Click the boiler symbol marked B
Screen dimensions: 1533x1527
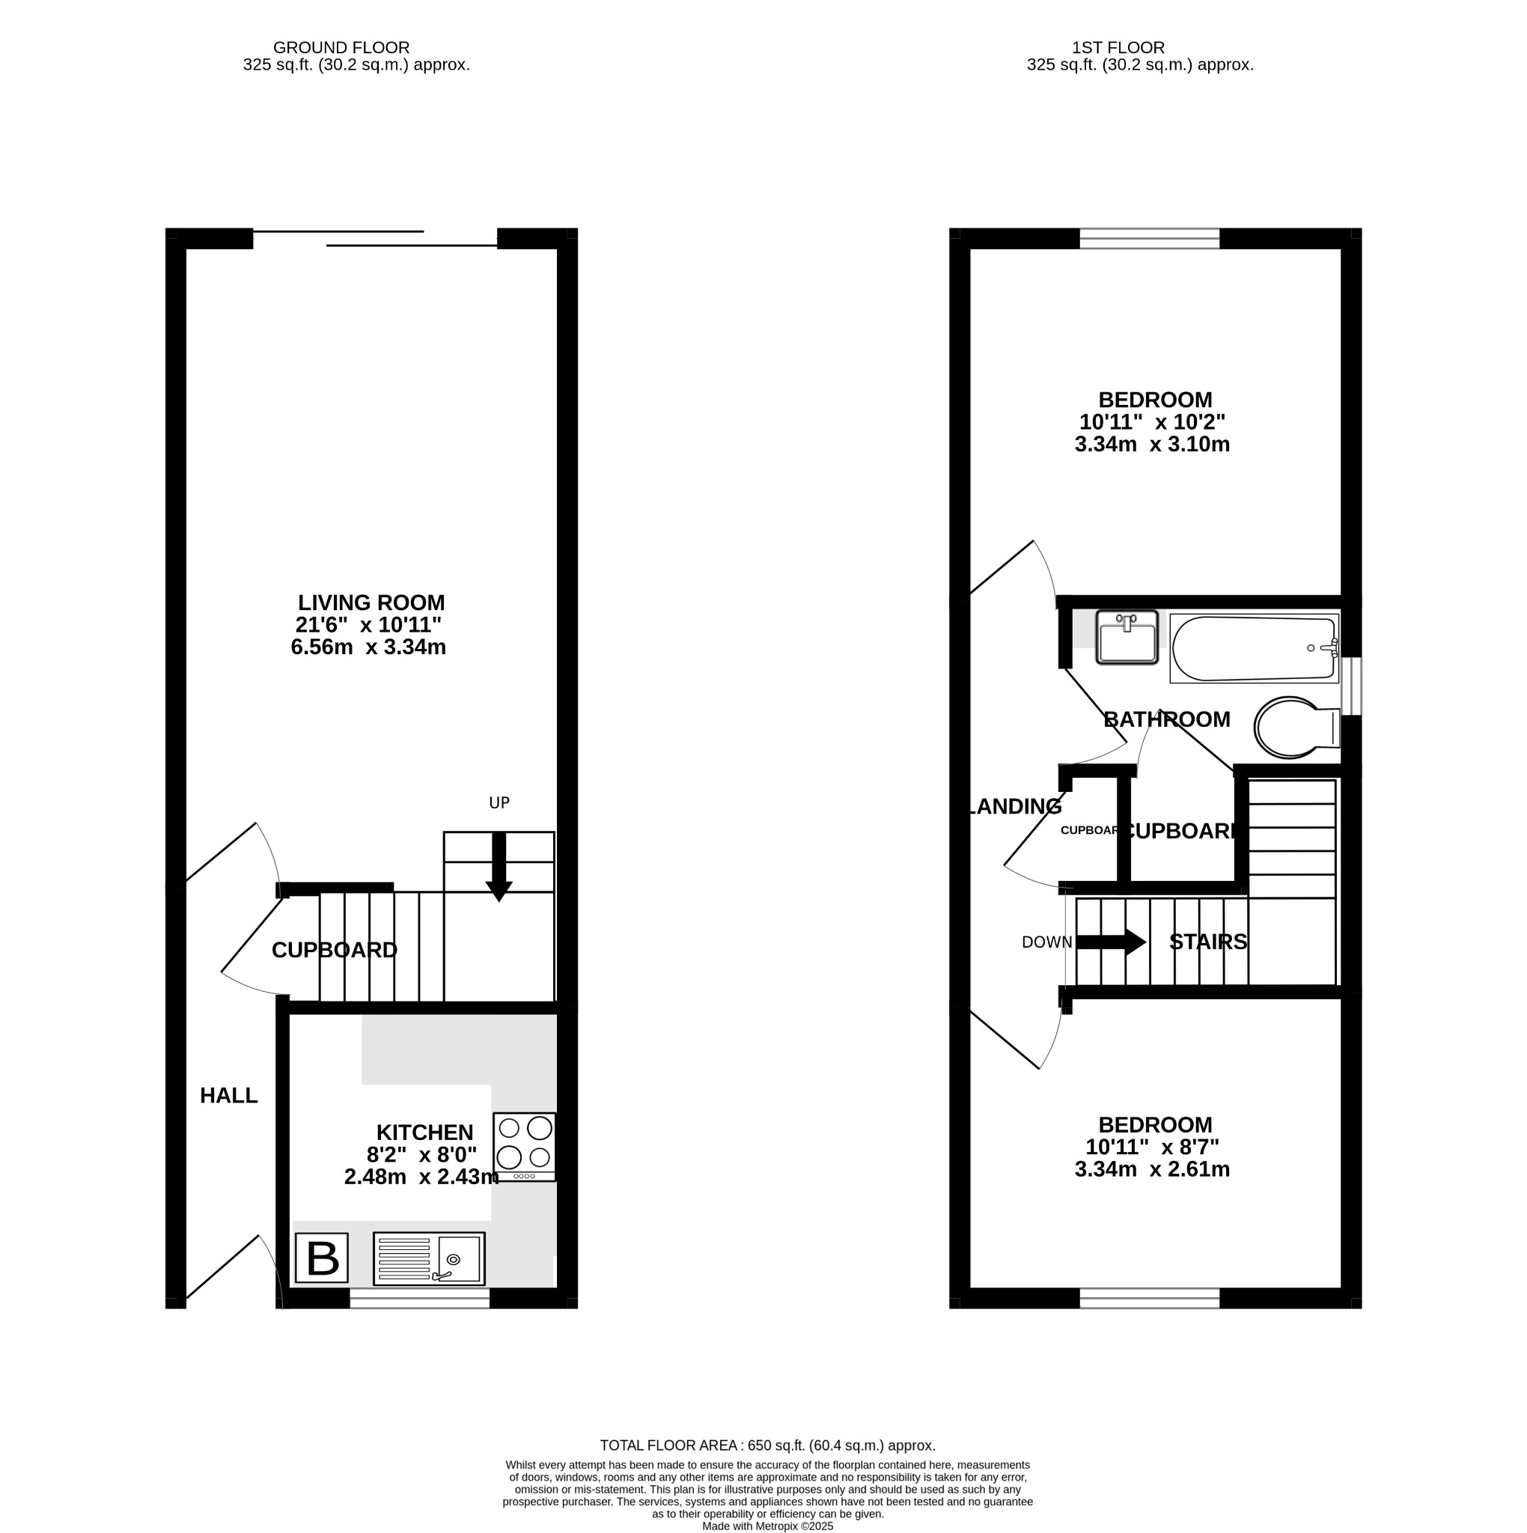(321, 1258)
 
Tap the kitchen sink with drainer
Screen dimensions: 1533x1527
(429, 1258)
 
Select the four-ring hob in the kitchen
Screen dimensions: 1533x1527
(524, 1147)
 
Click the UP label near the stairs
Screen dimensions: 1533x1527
(499, 803)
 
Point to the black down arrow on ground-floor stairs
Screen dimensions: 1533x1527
(499, 867)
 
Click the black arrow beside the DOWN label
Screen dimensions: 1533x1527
(1110, 942)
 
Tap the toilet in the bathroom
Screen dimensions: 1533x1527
(1293, 727)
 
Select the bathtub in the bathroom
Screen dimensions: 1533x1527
(1255, 649)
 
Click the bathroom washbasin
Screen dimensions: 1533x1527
(1127, 637)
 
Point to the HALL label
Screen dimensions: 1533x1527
(228, 1096)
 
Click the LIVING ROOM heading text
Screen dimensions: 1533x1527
(371, 603)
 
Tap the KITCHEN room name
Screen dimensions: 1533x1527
(424, 1133)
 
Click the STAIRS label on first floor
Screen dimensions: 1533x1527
(1208, 942)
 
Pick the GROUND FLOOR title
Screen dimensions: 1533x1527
(341, 48)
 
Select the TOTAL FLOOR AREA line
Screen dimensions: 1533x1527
(767, 1445)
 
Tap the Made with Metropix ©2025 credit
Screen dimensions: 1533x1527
(767, 1526)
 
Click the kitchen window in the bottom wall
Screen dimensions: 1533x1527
(420, 1298)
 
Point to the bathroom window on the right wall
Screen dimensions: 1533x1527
(1356, 686)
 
